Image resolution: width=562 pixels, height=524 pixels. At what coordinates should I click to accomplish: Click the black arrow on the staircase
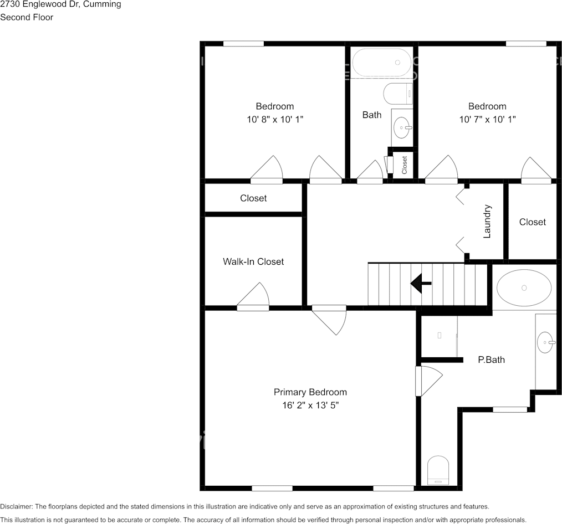tap(421, 283)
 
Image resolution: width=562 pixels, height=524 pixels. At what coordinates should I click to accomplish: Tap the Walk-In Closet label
tap(253, 261)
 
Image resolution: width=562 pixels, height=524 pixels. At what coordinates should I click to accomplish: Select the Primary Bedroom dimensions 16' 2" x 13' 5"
tap(310, 405)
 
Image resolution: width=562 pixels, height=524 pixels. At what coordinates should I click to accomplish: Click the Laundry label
tap(487, 222)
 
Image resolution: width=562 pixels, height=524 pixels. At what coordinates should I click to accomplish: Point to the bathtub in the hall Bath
tap(382, 63)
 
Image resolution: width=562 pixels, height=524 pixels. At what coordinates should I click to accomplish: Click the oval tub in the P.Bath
tap(524, 287)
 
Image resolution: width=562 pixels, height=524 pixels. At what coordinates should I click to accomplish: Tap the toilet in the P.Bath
tap(438, 470)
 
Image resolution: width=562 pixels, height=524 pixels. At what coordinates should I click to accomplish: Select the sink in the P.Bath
tap(546, 342)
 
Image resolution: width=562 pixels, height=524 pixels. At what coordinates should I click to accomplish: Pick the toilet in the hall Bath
tap(398, 94)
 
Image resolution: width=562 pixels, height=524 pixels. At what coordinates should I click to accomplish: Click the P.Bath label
tap(492, 359)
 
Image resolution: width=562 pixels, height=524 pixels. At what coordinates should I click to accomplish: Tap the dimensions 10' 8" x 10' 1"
tap(275, 119)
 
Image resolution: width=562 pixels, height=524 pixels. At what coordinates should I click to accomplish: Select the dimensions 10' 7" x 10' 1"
tap(487, 119)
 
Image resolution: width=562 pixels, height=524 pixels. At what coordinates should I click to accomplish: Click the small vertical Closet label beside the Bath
tap(404, 165)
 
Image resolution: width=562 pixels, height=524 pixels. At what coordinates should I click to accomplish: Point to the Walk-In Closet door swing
tap(253, 296)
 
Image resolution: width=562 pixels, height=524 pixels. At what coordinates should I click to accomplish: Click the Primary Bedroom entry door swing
tap(329, 320)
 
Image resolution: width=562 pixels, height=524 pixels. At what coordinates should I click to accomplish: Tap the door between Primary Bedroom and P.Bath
tap(429, 381)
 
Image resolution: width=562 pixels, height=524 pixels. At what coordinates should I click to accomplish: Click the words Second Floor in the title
tap(27, 17)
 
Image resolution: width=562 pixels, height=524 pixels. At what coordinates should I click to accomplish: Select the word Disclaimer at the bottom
tap(17, 506)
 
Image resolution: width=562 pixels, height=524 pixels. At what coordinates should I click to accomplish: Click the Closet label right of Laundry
tap(532, 222)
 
